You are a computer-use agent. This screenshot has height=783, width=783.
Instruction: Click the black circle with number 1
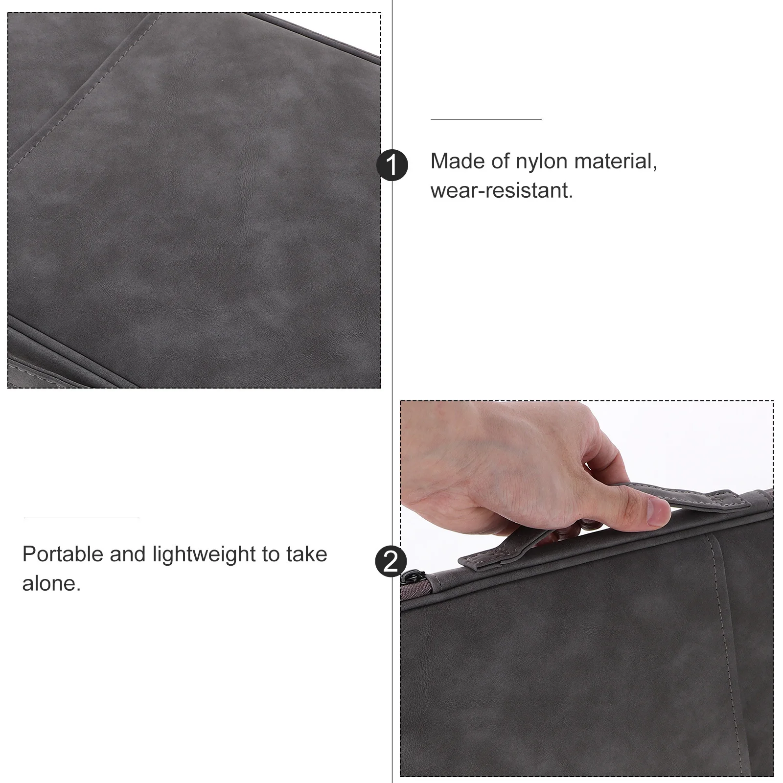[392, 165]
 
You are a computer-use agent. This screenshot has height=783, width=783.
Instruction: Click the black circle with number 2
[391, 561]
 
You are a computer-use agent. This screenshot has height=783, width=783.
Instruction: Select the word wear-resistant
[501, 190]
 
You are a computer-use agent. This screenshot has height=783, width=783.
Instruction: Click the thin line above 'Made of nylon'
[486, 119]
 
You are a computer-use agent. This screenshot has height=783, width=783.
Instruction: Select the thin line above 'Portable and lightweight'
[81, 517]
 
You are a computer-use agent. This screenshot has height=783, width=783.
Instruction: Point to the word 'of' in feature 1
[501, 161]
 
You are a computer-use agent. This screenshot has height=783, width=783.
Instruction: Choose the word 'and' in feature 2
[127, 554]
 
